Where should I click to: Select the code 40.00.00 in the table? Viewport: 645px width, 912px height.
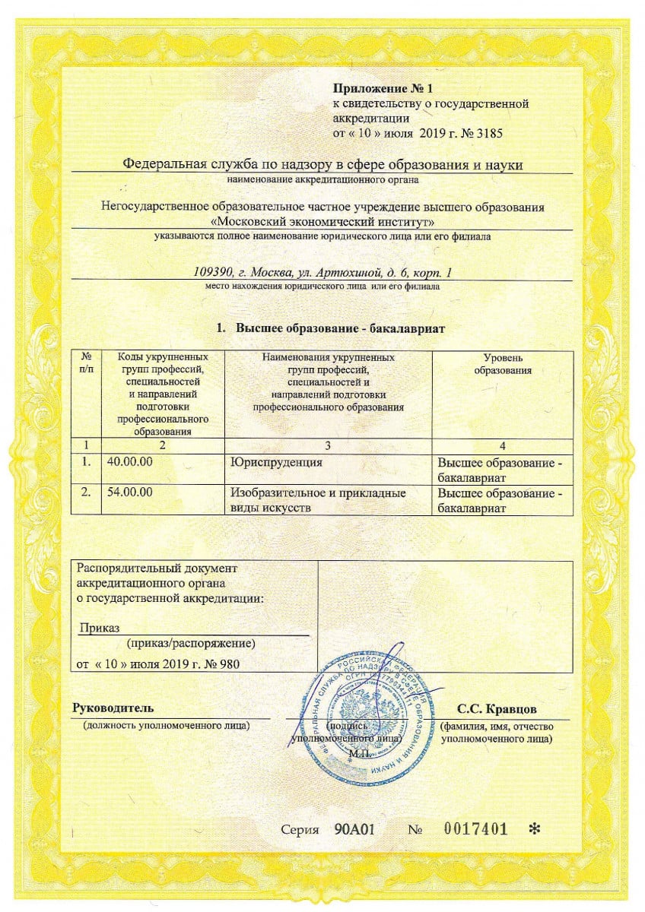pos(130,461)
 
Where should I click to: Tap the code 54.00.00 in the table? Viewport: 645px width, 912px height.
pos(130,492)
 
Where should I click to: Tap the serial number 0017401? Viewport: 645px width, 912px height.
pos(475,828)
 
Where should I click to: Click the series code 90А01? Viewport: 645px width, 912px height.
pos(356,828)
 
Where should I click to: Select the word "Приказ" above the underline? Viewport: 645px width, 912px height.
pos(96,627)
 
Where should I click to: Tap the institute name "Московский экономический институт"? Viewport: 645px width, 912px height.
pos(322,222)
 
